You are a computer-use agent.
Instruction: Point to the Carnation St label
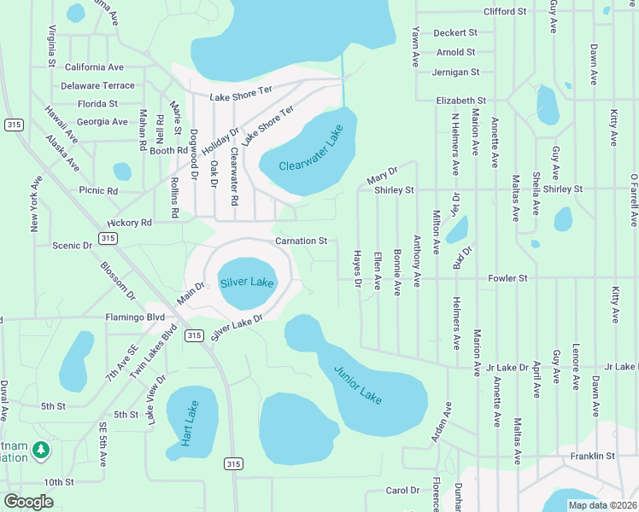pos(301,241)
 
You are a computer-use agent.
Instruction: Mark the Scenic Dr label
pos(72,246)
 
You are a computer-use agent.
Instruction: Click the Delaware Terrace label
pos(97,85)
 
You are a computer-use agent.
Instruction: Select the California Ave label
pos(94,67)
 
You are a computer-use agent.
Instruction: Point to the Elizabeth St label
pos(460,101)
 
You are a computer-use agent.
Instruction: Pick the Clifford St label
pos(504,12)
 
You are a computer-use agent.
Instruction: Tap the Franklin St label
pos(593,457)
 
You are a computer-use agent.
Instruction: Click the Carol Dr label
pos(402,491)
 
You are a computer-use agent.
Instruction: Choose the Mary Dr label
pos(382,176)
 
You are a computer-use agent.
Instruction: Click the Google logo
pos(29,501)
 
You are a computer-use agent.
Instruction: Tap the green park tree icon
pos(40,448)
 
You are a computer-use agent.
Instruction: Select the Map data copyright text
pos(601,504)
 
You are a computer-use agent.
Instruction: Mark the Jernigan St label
pos(455,73)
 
